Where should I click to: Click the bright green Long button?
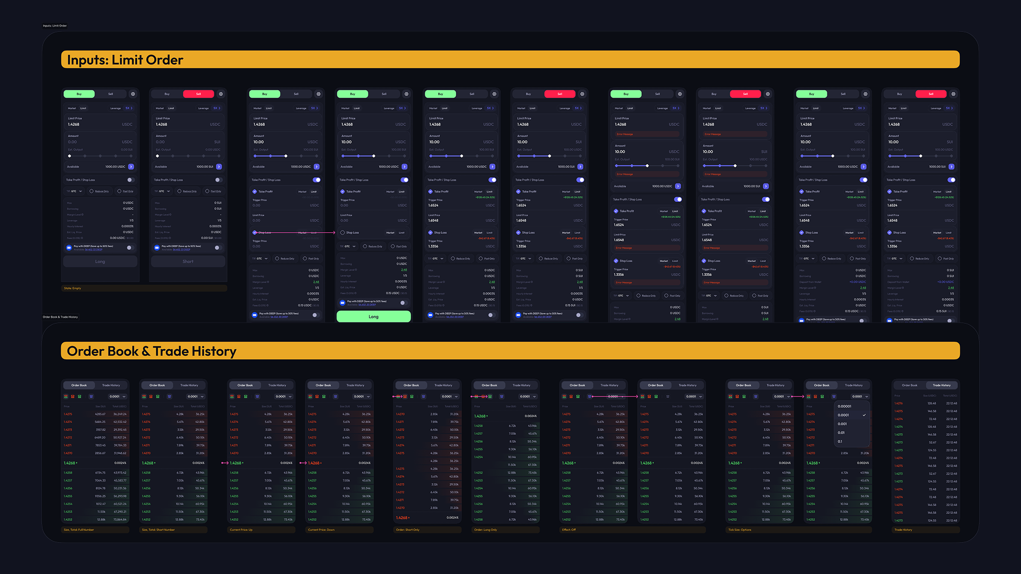coord(373,317)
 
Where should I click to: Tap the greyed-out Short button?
coord(188,261)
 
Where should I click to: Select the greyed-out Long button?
coord(100,261)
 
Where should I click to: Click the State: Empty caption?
coord(73,289)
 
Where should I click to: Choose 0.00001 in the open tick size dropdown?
coord(844,406)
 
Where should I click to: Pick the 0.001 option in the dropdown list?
coord(842,424)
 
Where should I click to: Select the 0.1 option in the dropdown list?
coord(840,442)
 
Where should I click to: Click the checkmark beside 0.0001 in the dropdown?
coord(864,415)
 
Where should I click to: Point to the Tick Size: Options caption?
coord(740,530)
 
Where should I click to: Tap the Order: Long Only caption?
coord(486,530)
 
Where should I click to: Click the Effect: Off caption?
coord(569,530)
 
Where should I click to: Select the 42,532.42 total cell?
coord(119,422)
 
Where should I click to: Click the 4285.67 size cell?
coord(100,414)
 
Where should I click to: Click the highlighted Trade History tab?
coord(941,385)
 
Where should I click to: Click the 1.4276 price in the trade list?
coord(899,403)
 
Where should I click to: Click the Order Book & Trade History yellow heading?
coord(152,351)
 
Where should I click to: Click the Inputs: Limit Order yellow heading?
coord(125,60)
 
